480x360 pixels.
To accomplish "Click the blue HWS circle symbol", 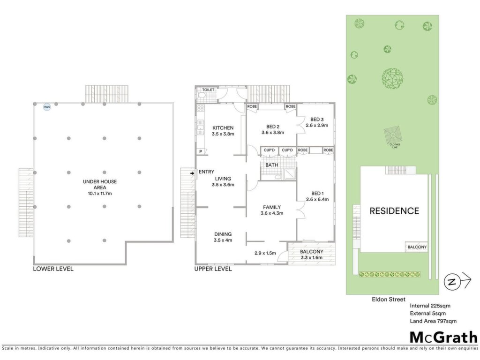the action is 47,107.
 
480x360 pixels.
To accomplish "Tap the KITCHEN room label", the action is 223,128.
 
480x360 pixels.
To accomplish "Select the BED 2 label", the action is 273,127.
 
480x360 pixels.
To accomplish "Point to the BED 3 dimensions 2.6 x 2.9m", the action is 317,125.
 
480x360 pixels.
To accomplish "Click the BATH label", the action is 271,165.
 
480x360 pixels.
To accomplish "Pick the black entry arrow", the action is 192,173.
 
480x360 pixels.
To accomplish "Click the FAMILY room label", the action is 272,207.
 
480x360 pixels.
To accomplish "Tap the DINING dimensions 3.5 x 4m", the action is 223,240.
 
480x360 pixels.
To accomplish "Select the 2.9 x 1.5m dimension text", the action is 265,253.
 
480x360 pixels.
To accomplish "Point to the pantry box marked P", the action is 201,151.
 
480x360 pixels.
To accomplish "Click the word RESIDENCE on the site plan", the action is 394,211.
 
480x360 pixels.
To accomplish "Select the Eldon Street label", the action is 389,300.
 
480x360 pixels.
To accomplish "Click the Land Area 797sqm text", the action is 433,321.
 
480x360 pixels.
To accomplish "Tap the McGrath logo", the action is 443,337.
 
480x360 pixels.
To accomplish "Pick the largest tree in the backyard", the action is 392,79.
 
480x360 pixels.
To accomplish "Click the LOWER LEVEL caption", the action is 53,269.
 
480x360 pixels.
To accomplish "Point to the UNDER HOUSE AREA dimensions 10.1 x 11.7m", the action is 100,194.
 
